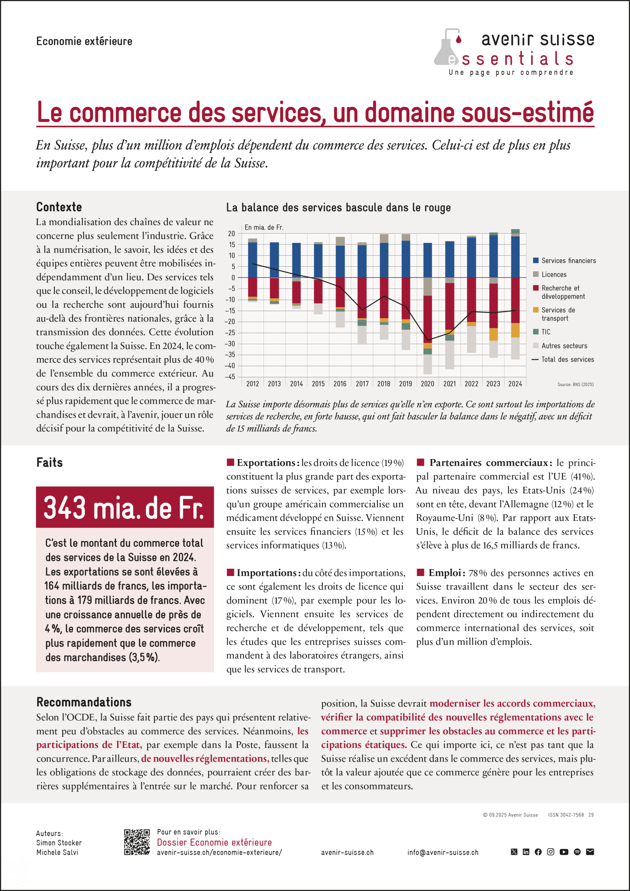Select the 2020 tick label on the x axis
[427, 384]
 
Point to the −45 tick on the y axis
[231, 377]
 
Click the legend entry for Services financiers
[568, 261]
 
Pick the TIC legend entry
[545, 332]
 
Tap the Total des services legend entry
[567, 359]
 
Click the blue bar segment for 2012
[252, 260]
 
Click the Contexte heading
[59, 207]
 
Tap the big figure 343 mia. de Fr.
[124, 507]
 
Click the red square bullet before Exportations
[230, 462]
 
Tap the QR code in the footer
[137, 842]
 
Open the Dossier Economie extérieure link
[214, 842]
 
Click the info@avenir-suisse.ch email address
[442, 852]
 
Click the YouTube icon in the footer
[564, 852]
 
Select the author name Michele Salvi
[57, 852]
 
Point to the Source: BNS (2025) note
[575, 385]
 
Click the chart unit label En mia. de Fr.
[264, 227]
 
